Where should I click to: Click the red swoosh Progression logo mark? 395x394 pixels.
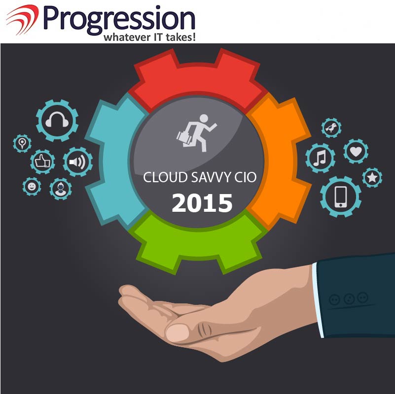tap(22, 19)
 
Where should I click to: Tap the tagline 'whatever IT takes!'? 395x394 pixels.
tap(149, 37)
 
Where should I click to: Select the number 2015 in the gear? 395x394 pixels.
tap(202, 203)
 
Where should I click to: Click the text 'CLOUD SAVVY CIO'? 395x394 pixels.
tap(200, 177)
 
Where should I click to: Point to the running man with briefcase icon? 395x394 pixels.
tap(196, 133)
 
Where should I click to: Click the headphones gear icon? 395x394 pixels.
tap(57, 121)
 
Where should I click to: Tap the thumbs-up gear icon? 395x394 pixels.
tap(42, 162)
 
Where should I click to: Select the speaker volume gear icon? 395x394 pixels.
tap(77, 162)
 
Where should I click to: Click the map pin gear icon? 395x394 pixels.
tap(22, 143)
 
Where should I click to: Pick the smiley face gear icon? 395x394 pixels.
tap(32, 187)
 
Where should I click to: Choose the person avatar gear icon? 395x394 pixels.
tap(61, 189)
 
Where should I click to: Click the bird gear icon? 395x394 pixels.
tap(331, 128)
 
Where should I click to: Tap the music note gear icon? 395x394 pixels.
tap(320, 158)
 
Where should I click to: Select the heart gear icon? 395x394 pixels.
tap(356, 151)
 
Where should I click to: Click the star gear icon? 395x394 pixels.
tap(372, 178)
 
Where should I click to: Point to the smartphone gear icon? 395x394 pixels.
tap(341, 197)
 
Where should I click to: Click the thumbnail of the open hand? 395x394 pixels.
tap(178, 333)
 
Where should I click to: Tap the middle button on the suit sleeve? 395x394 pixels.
tap(349, 299)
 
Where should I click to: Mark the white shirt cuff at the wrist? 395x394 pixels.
tap(318, 300)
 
